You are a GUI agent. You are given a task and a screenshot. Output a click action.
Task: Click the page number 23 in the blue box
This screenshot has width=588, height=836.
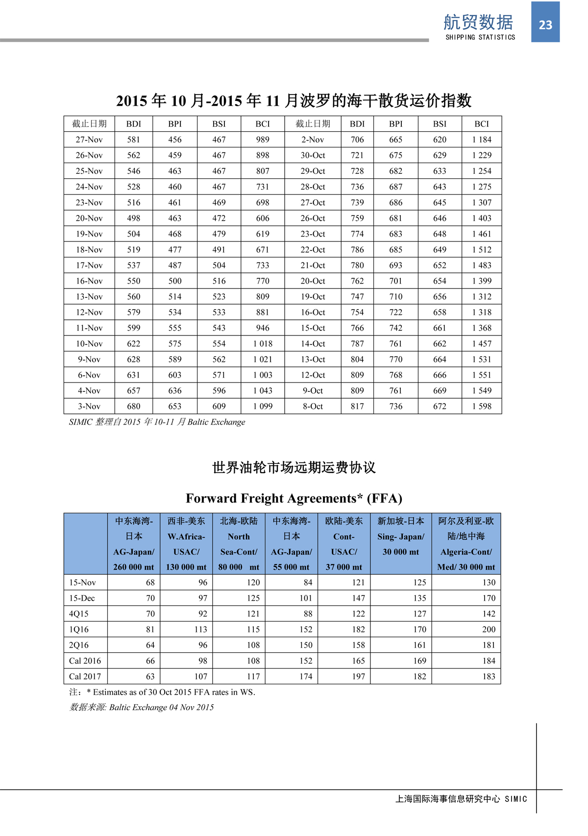click(545, 24)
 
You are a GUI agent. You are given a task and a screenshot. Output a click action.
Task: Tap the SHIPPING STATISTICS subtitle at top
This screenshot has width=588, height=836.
click(480, 37)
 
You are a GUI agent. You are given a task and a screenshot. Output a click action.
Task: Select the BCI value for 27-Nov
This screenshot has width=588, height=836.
click(263, 140)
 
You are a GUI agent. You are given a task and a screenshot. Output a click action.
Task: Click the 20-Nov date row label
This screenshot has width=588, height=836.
click(89, 218)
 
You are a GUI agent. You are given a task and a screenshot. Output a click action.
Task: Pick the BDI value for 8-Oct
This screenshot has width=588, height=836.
click(357, 406)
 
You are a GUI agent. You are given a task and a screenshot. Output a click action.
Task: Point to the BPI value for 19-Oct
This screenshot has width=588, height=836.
click(395, 296)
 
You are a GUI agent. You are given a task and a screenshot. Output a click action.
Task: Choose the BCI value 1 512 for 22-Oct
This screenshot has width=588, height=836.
click(482, 249)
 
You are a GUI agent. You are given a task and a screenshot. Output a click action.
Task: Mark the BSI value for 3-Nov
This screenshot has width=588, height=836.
click(219, 406)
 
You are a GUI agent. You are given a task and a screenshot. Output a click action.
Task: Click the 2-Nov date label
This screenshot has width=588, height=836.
click(313, 140)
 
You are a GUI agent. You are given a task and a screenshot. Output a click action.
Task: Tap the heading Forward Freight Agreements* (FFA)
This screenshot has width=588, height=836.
click(294, 498)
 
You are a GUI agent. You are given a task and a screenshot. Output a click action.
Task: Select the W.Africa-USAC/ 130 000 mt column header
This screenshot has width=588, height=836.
click(186, 544)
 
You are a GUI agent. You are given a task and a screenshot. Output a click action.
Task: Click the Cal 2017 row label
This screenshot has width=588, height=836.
click(85, 676)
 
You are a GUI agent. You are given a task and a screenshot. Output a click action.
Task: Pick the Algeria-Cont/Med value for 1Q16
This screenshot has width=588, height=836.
click(489, 629)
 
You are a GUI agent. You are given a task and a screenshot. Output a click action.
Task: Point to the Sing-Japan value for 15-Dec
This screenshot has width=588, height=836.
click(419, 598)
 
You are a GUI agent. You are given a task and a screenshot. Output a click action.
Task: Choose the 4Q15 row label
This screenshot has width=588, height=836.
click(78, 614)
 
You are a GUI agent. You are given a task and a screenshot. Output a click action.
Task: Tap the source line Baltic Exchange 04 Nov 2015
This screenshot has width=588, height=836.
click(142, 707)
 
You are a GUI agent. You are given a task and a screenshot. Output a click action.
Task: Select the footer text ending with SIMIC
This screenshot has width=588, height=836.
click(461, 799)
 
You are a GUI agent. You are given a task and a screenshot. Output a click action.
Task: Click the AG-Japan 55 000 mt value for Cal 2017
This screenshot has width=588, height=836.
click(306, 676)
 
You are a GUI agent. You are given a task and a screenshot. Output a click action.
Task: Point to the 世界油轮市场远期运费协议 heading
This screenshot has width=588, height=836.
click(294, 467)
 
